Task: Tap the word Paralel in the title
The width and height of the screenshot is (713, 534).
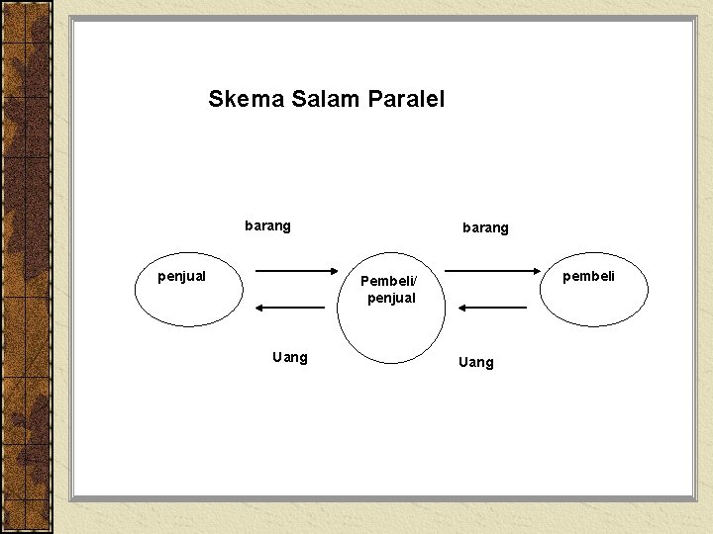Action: (406, 99)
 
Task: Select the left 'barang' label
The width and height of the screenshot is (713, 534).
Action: (267, 225)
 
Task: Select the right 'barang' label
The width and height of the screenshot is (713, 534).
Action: (485, 227)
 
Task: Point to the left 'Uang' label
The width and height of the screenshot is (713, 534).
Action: (290, 357)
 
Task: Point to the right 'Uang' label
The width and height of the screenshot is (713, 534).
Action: (476, 362)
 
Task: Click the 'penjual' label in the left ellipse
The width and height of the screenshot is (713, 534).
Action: (182, 276)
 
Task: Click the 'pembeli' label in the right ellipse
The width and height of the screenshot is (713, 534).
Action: (588, 276)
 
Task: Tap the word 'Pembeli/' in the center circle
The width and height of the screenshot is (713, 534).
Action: (389, 281)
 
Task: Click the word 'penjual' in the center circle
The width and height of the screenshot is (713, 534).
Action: (391, 298)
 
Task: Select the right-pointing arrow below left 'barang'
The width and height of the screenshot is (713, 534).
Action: (297, 270)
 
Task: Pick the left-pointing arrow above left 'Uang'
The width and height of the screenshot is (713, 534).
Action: (297, 308)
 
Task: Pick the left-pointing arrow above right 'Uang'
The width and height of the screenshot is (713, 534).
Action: (491, 308)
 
